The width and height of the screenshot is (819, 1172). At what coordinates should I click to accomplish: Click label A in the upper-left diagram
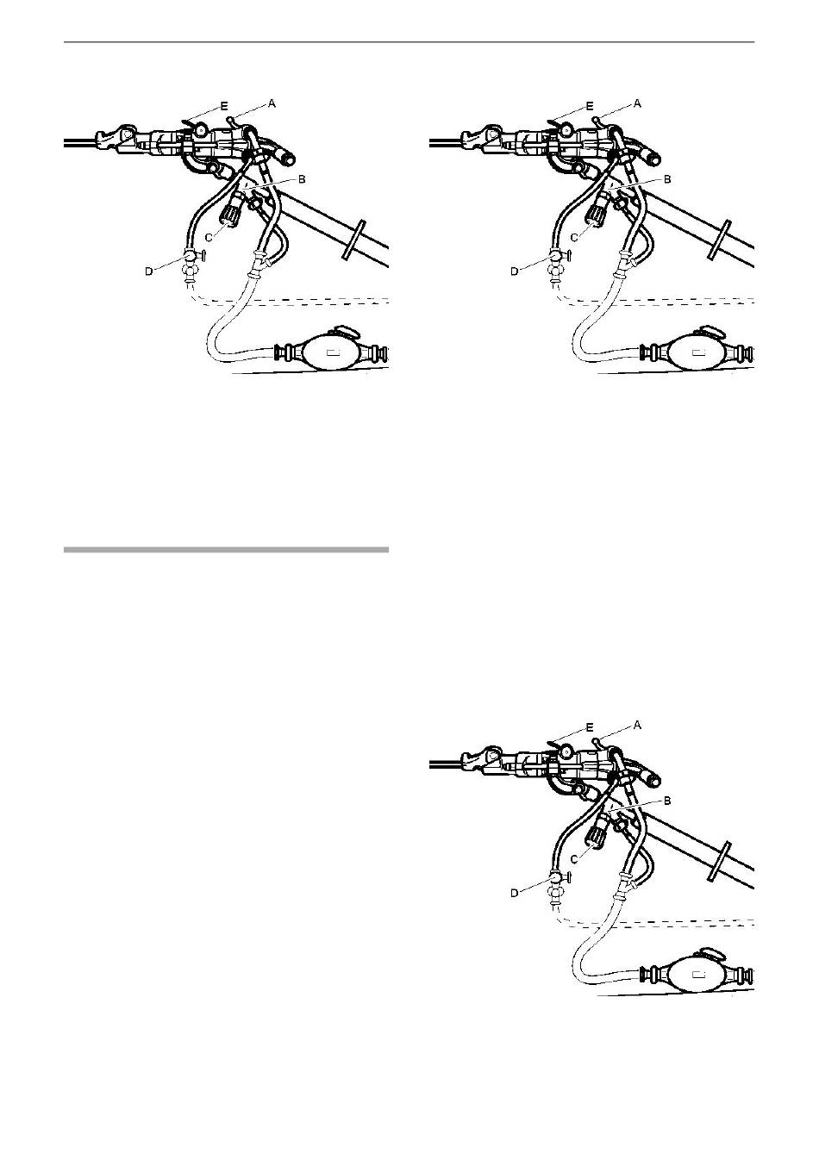point(272,104)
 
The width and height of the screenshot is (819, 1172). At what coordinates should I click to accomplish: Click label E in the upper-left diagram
point(224,106)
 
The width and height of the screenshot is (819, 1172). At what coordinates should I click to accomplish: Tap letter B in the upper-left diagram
point(302,179)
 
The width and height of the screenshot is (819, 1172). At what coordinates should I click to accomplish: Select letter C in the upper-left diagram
point(209,238)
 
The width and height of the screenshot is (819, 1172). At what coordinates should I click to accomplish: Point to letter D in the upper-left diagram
point(149,271)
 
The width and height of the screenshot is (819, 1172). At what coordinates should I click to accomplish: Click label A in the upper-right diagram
point(637,104)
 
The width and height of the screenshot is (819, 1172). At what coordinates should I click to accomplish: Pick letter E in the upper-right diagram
point(590,106)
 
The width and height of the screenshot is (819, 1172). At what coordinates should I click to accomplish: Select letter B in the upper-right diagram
point(667,179)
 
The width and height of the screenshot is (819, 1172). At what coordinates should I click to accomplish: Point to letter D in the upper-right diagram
point(515,271)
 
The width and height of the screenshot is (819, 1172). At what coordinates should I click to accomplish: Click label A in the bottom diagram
point(637,726)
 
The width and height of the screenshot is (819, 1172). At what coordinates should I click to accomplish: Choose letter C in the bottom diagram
point(575,859)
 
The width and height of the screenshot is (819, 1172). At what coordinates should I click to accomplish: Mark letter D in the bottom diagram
point(515,893)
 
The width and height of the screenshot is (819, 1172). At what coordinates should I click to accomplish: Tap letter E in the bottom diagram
point(590,728)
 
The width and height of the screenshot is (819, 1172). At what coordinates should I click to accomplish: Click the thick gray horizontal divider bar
point(226,550)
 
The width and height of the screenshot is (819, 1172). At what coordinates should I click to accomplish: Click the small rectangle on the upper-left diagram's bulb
point(333,352)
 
